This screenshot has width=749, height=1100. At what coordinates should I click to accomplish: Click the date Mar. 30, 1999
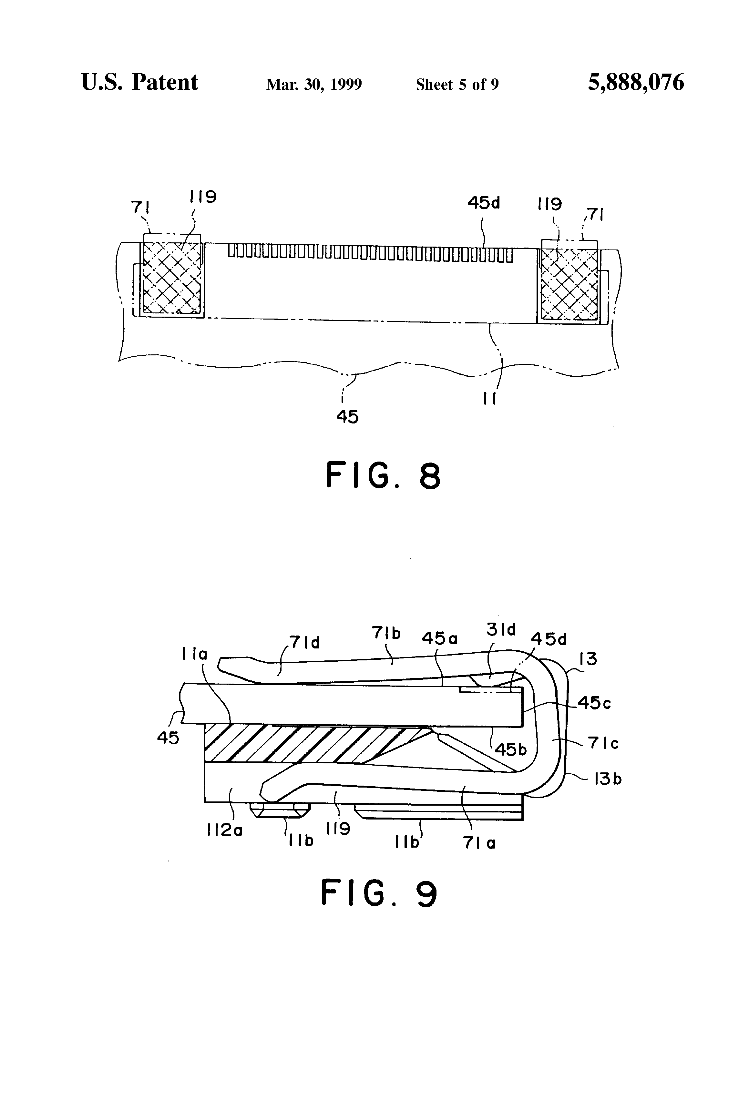click(x=314, y=85)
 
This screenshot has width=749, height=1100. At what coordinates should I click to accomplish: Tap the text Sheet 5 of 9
click(x=457, y=85)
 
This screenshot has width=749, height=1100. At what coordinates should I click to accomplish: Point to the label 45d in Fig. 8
click(x=483, y=203)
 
